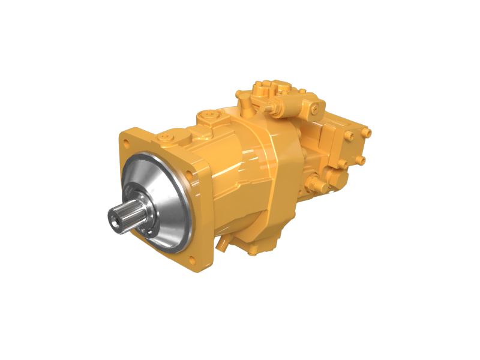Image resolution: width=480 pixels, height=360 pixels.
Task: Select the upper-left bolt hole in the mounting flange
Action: pyautogui.click(x=127, y=143)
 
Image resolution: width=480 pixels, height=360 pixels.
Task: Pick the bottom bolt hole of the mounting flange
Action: pyautogui.click(x=191, y=260)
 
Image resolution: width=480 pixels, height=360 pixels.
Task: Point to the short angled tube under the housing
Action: pyautogui.click(x=224, y=240)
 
